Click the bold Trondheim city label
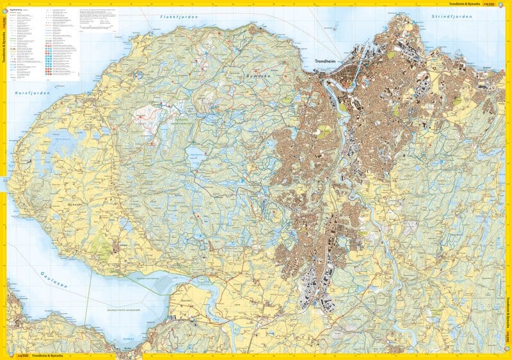[330, 62]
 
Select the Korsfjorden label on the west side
[29, 94]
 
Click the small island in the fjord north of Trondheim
[333, 28]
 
